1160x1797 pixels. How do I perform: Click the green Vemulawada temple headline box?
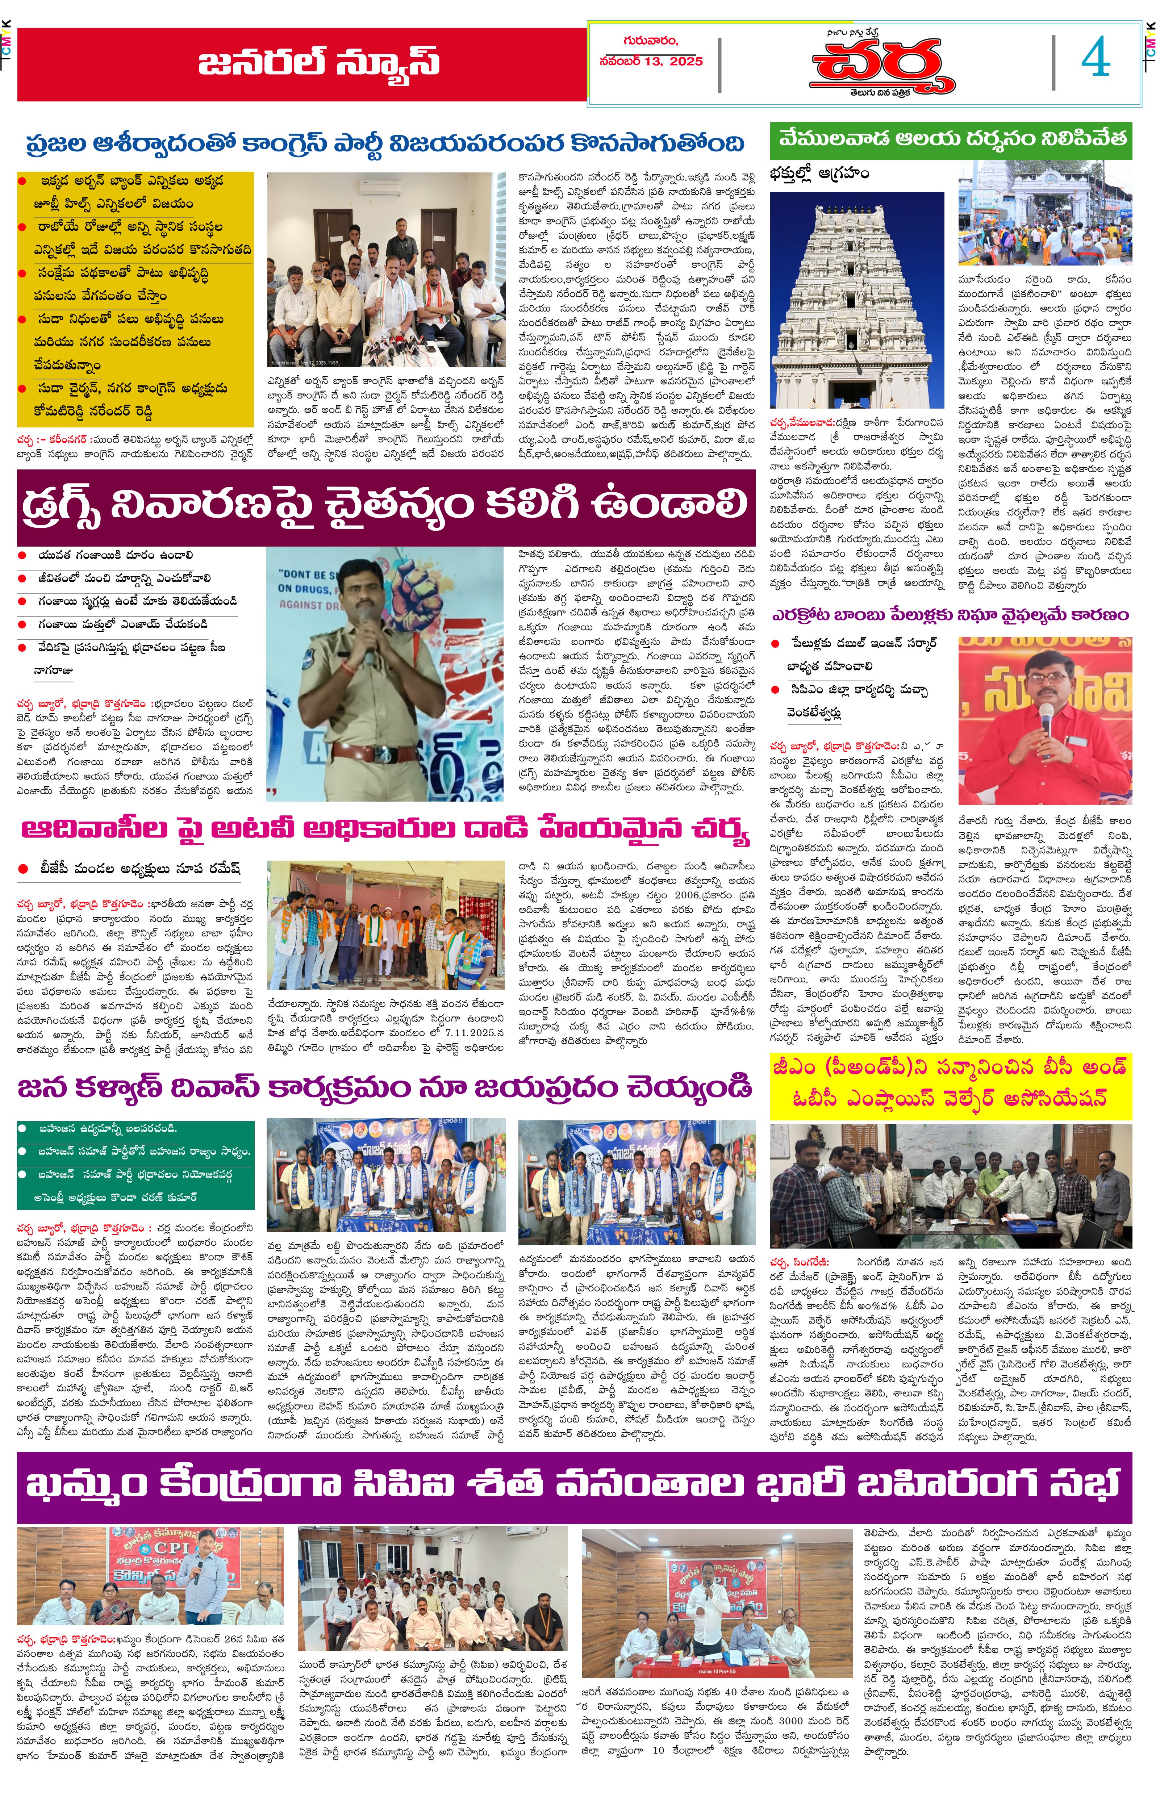pyautogui.click(x=951, y=139)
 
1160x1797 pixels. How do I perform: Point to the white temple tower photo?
pyautogui.click(x=856, y=300)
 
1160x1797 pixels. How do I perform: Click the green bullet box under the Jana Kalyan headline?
pyautogui.click(x=135, y=1163)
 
